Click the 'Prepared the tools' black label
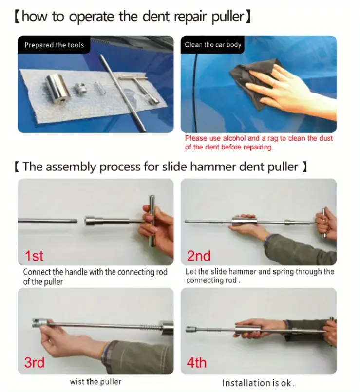coord(54,45)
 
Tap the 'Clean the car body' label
coord(213,45)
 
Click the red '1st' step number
coord(34,256)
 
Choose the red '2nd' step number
coord(199,256)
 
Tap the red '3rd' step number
coord(34,362)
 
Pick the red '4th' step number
coord(197,362)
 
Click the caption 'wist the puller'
coord(95,382)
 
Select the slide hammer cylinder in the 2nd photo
coord(243,221)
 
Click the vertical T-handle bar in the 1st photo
coord(152,221)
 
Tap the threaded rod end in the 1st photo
coord(74,221)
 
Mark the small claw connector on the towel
coord(80,88)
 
